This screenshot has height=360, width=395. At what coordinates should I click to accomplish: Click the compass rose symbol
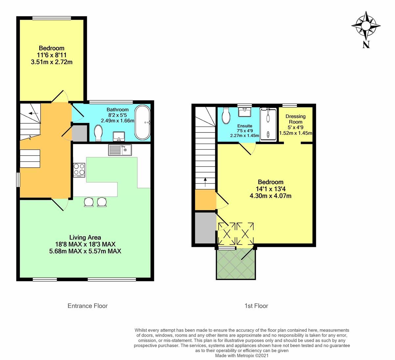click(366, 26)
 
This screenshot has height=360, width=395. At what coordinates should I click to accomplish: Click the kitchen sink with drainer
click(120, 150)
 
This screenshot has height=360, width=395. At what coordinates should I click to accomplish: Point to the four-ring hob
click(79, 170)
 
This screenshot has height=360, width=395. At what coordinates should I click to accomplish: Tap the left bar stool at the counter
click(89, 202)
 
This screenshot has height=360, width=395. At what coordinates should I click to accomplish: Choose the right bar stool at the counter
click(102, 202)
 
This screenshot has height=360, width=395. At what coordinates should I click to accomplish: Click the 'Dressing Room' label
click(295, 119)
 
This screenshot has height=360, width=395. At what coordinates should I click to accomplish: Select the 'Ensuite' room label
click(245, 126)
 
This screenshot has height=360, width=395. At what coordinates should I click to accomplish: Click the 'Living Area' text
click(85, 237)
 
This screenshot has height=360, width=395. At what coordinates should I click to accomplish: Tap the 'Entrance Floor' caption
click(88, 306)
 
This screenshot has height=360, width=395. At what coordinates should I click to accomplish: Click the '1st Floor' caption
click(256, 306)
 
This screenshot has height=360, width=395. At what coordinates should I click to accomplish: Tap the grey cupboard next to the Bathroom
click(79, 133)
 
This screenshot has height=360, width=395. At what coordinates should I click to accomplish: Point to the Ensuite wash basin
click(245, 113)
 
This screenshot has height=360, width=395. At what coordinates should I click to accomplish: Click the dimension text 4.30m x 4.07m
click(271, 196)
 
